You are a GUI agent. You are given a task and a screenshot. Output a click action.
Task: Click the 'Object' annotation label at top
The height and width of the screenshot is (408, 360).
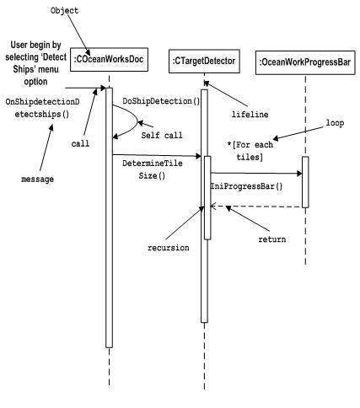point(65,10)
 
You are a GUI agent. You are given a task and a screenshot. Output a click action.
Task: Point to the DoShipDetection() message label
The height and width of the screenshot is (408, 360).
point(161,102)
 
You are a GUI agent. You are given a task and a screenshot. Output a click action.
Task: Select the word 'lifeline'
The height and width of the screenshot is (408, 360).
point(250,114)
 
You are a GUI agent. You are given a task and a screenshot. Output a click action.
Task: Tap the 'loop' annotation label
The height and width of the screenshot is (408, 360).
point(334,123)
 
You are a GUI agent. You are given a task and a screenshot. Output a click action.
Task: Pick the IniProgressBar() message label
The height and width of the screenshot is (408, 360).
point(245,187)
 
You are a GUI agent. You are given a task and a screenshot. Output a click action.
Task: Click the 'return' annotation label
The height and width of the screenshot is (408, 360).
point(271,239)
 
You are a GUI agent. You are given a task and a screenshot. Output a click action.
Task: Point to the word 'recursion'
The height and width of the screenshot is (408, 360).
point(168,248)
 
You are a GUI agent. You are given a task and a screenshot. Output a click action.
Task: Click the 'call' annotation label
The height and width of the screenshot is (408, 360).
point(81,143)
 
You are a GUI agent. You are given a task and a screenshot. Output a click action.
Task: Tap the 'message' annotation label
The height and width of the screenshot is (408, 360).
point(36,180)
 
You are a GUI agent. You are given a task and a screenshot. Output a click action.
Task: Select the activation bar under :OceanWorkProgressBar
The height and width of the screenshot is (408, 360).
point(304,180)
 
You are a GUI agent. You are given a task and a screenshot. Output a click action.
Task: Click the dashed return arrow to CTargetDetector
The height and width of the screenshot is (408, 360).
point(253,207)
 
